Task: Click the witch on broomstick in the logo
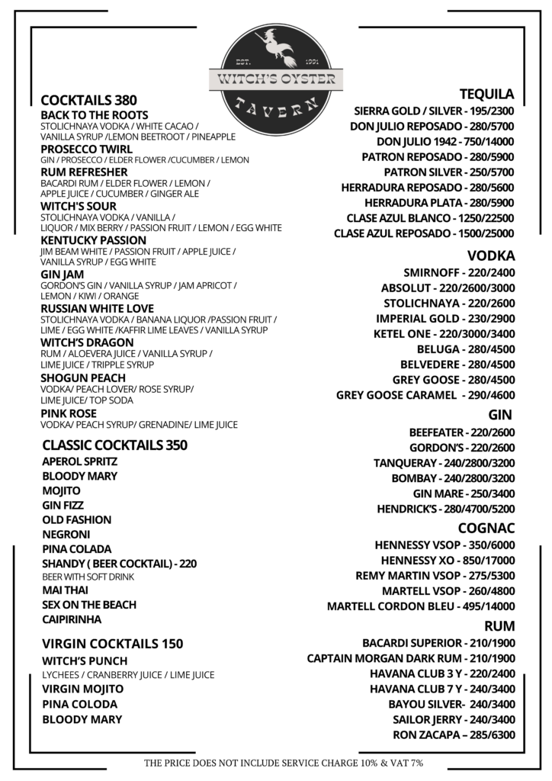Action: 277,47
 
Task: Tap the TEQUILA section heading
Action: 486,94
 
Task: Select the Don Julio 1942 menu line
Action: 445,141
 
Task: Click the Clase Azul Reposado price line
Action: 424,233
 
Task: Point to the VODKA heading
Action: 491,256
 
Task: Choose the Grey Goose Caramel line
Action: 425,395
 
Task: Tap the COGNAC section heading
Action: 486,528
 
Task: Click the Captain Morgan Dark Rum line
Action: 411,658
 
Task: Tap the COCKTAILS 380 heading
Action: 88,100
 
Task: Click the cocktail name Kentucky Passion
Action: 88,239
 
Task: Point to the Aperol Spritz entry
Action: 80,461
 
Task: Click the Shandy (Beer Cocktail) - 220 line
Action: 120,564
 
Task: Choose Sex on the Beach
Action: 89,605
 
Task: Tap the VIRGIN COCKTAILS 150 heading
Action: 113,644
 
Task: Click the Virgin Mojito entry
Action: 82,689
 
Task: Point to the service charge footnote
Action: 284,762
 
